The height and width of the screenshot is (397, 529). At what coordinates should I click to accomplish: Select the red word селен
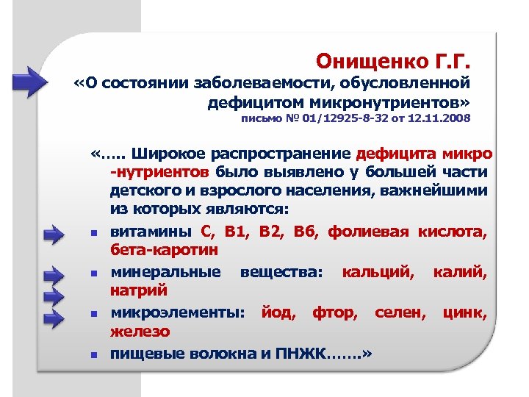tap(399, 312)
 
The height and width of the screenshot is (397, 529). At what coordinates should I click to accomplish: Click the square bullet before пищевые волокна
tap(95, 355)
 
